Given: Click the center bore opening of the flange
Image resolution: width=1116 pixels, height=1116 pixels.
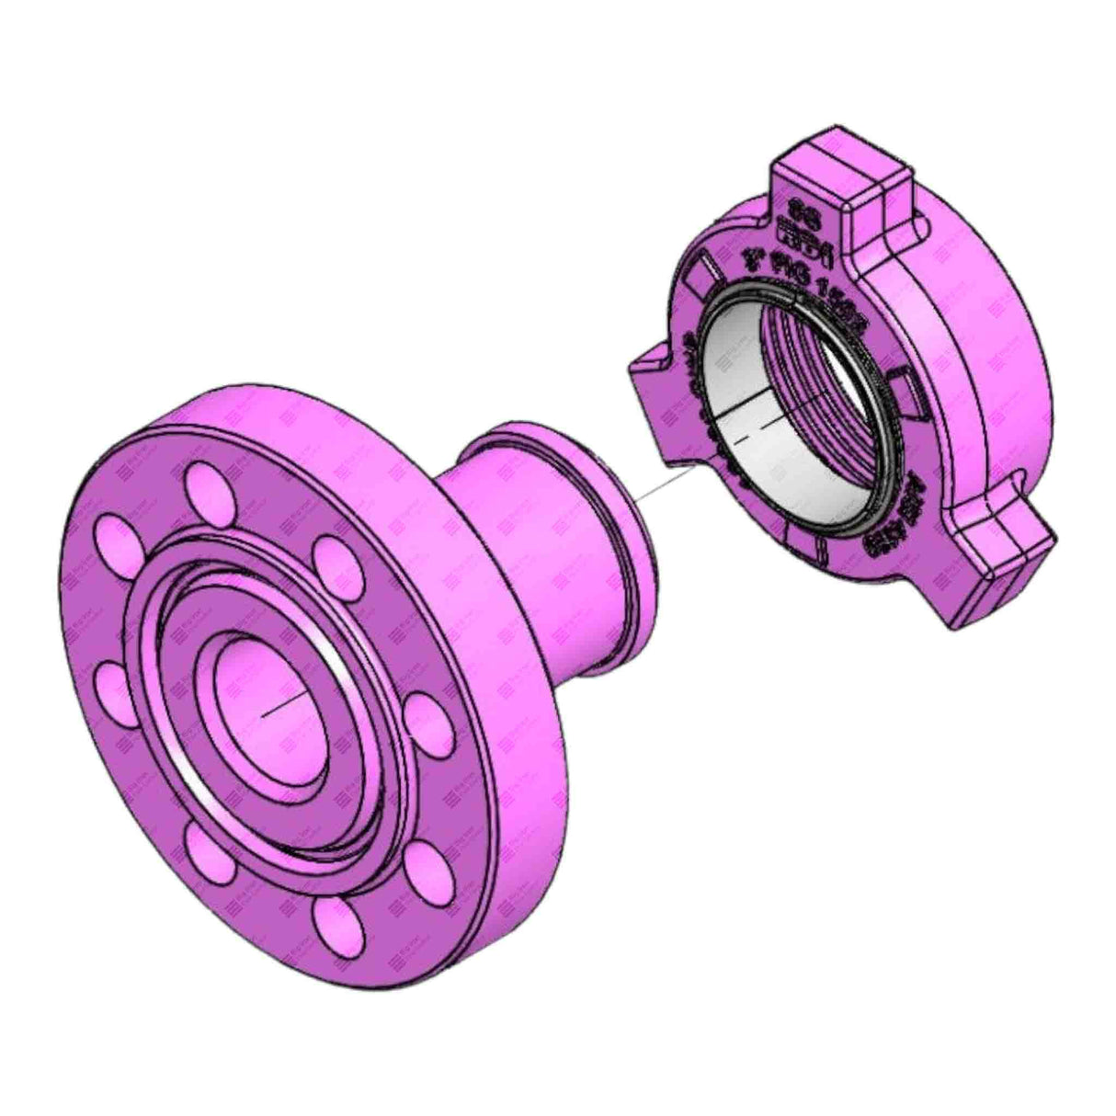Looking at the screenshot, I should pos(262,699).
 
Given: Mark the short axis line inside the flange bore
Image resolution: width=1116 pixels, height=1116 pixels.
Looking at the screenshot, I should pos(281,703).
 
